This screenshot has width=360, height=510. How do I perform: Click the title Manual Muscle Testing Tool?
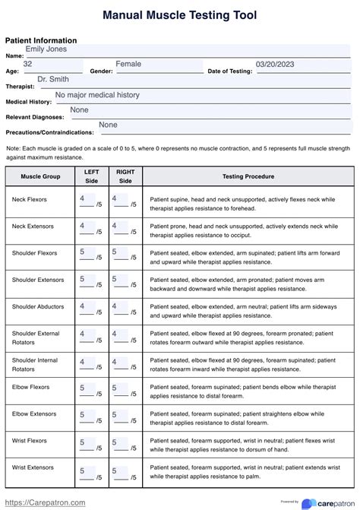pos(180,15)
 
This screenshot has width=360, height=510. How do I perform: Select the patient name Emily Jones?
pos(46,49)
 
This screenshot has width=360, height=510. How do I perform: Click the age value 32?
pos(28,65)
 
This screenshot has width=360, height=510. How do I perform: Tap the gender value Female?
pos(128,65)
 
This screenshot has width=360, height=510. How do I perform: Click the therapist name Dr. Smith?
pos(53,79)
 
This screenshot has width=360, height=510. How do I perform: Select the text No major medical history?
pos(98,95)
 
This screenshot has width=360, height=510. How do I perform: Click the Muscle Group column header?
pos(41,176)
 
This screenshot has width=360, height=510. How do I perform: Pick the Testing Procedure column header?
pos(248,176)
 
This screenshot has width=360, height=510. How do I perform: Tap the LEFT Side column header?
pos(91,176)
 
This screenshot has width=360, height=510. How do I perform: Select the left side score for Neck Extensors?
pos(83,226)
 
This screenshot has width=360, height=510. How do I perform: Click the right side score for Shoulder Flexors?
pos(115,252)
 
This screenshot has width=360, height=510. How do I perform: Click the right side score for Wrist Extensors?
pos(115,471)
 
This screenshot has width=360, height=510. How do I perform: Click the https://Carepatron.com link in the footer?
pos(46,502)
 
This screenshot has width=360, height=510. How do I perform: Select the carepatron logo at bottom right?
pos(329,503)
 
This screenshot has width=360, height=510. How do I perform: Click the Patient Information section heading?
pos(41,40)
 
